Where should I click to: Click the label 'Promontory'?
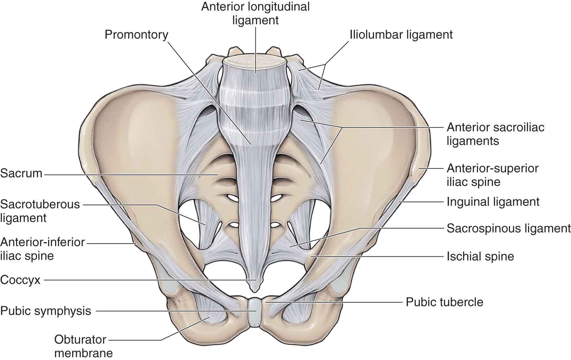pyautogui.click(x=136, y=34)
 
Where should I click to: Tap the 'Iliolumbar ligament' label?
pyautogui.click(x=401, y=34)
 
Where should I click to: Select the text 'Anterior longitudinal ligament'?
pyautogui.click(x=255, y=13)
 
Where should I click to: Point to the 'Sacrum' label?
pyautogui.click(x=21, y=173)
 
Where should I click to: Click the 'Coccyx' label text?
pyautogui.click(x=20, y=280)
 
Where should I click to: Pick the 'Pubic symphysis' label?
pyautogui.click(x=46, y=311)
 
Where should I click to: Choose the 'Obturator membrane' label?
pyautogui.click(x=83, y=346)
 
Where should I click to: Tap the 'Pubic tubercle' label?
pyautogui.click(x=444, y=302)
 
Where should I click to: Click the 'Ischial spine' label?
pyautogui.click(x=480, y=256)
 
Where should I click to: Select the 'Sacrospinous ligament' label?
pyautogui.click(x=508, y=228)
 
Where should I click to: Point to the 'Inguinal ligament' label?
pyautogui.click(x=493, y=202)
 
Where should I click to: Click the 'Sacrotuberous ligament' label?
pyautogui.click(x=40, y=211)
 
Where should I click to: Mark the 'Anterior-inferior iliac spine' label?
pyautogui.click(x=42, y=249)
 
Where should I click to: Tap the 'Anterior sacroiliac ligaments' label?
pyautogui.click(x=495, y=134)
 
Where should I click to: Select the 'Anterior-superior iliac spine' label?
pyautogui.click(x=492, y=175)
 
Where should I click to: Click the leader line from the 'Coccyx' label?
pyautogui.click(x=148, y=280)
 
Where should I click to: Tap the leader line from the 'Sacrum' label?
pyautogui.click(x=131, y=175)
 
